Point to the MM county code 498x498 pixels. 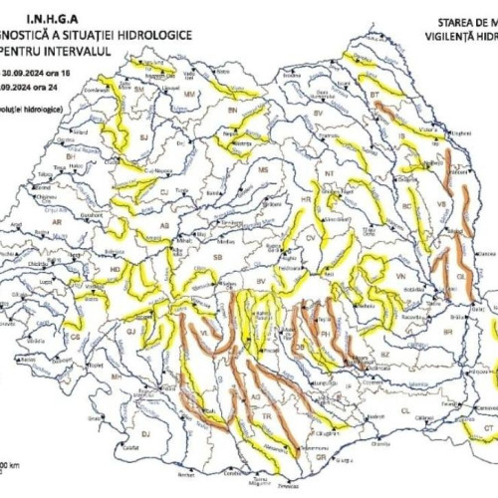tap(189, 93)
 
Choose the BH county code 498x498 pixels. tap(71, 156)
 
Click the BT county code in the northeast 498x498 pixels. tap(374, 95)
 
